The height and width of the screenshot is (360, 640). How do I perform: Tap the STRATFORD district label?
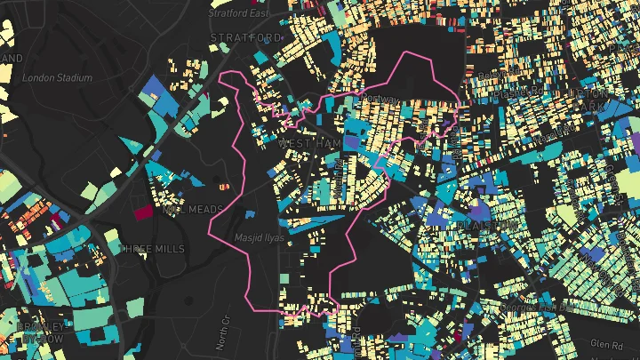point(246,38)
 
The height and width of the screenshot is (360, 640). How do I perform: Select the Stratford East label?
point(239,13)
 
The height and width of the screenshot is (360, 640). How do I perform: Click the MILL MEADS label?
point(195,210)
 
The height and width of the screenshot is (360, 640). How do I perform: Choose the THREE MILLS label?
point(152,248)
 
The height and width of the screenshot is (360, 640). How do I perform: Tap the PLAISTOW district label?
point(486,226)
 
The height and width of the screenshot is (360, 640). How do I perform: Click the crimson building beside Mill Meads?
point(143,212)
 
